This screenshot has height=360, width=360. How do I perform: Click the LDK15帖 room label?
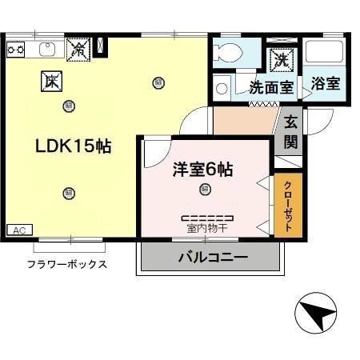(x=72, y=146)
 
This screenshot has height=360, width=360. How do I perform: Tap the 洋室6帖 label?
(x=203, y=170)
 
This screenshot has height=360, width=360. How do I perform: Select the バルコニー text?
(x=212, y=258)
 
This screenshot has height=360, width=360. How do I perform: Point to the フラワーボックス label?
(x=67, y=264)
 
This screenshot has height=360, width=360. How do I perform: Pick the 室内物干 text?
(x=206, y=229)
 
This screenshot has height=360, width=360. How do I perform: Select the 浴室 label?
(x=326, y=83)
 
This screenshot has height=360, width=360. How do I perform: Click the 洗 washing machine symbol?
(x=282, y=58)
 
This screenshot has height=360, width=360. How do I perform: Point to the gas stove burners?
(x=16, y=49)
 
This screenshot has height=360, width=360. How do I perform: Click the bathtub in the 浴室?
(x=325, y=55)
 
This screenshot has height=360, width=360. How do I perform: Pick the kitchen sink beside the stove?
(x=46, y=49)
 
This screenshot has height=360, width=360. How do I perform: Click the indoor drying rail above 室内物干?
(x=207, y=218)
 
